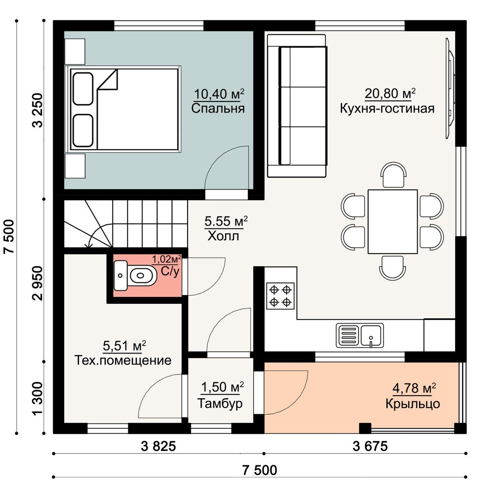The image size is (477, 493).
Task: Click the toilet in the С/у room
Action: [x=135, y=275]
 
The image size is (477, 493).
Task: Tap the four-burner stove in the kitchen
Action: [x=280, y=295]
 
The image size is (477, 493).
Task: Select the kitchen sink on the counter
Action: [x=360, y=336]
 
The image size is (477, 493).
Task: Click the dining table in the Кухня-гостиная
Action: [x=393, y=221]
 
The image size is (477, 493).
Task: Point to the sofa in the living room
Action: [x=297, y=105]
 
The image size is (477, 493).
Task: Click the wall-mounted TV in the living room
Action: [x=450, y=88]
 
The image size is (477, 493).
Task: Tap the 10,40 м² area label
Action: [x=219, y=94]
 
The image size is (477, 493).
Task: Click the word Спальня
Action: [x=218, y=109]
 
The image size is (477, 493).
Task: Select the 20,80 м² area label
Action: [x=390, y=93]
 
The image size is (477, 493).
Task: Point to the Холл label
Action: [x=223, y=236]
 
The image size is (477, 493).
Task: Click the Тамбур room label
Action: [x=220, y=404]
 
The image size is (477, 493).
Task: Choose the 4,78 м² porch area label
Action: [x=414, y=388]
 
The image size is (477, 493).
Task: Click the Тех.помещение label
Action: [x=123, y=360]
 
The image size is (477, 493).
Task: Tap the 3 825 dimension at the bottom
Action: [x=159, y=446]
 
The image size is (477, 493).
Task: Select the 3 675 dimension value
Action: [x=370, y=446]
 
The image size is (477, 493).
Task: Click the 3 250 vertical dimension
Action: [x=38, y=110]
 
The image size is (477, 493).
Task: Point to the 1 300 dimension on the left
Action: [x=38, y=398]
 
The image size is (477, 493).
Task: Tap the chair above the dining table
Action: [x=393, y=174]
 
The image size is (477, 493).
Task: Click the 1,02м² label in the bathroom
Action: [x=167, y=259]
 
